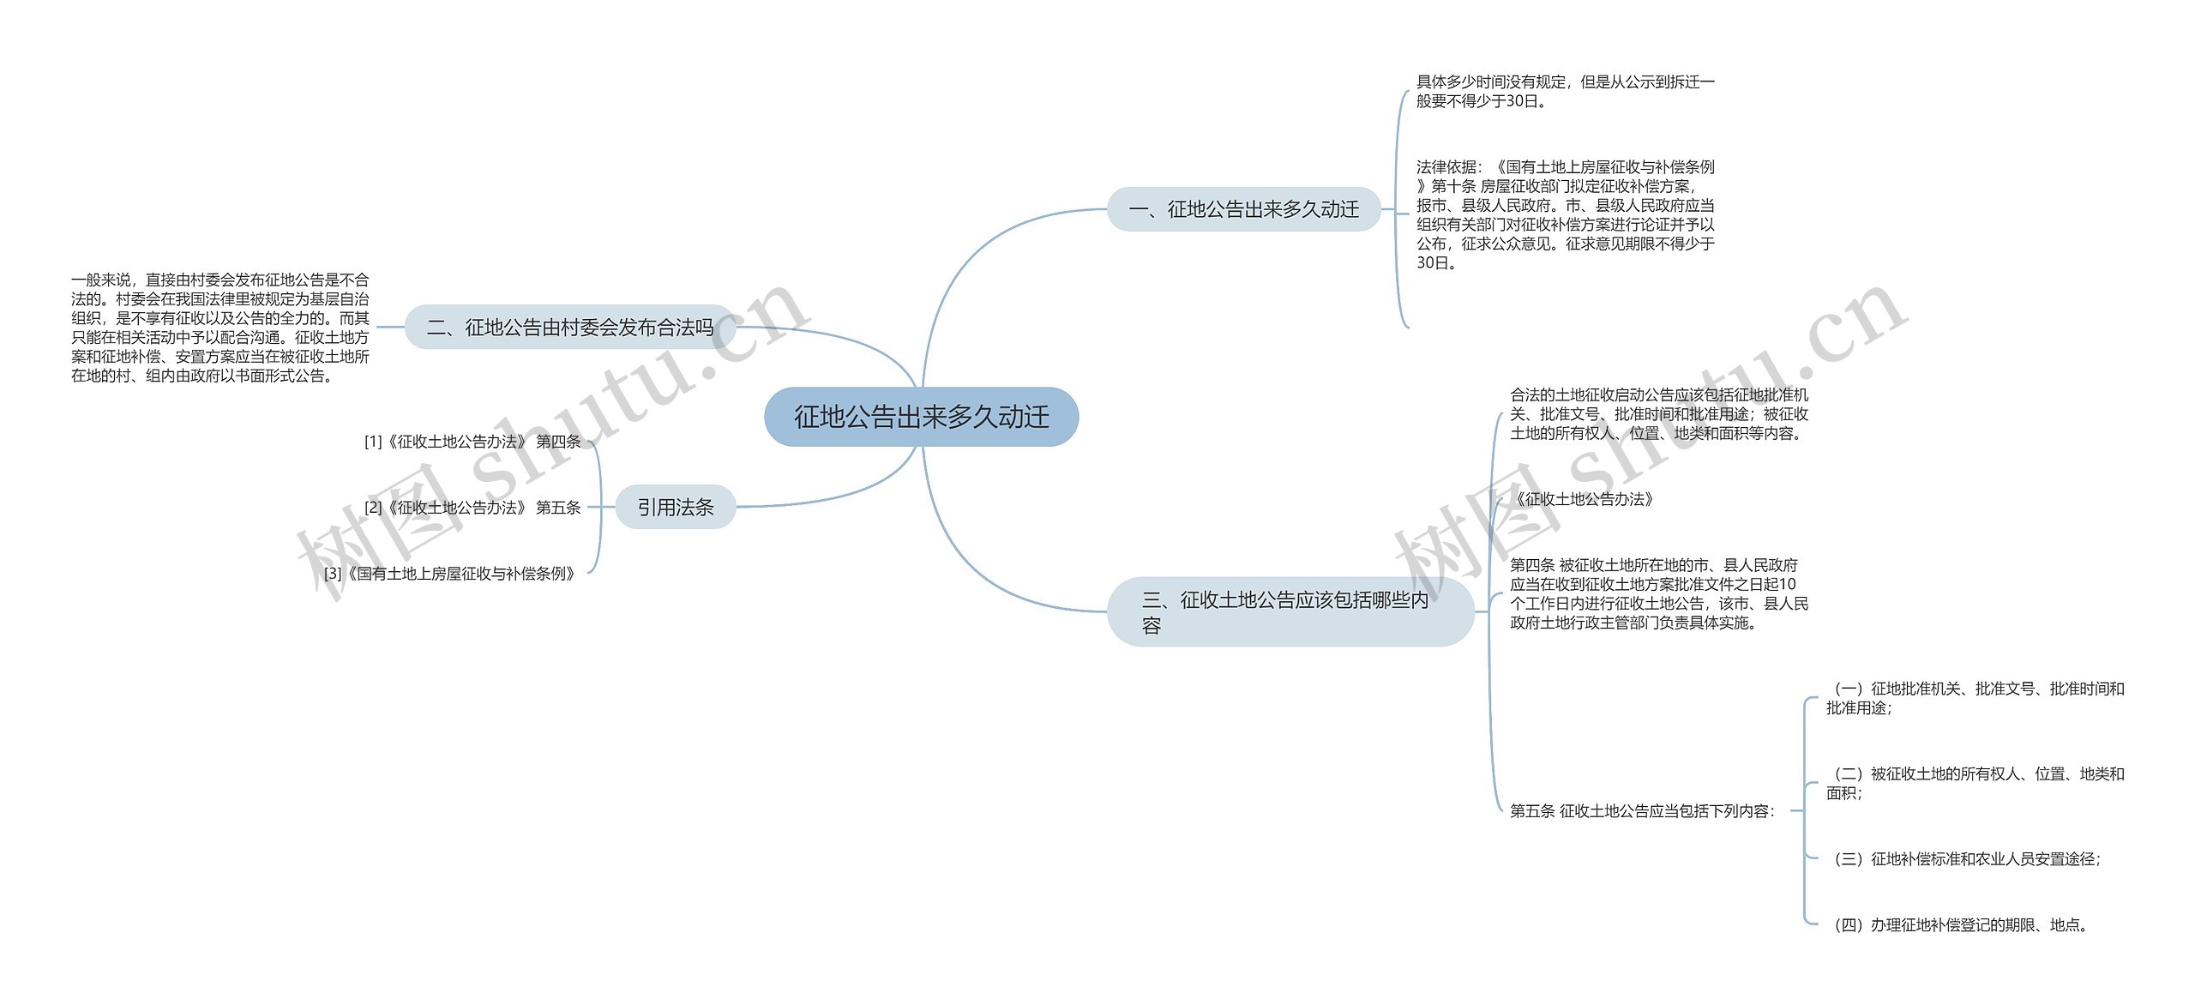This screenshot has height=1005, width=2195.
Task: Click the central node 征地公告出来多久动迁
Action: coord(921,417)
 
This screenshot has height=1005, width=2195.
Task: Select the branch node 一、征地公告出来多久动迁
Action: coord(1243,209)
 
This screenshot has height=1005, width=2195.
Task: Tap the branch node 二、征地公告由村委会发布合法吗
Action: coord(570,327)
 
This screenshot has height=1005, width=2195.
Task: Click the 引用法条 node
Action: coord(676,508)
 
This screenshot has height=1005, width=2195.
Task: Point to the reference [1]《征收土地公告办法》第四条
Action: coord(472,442)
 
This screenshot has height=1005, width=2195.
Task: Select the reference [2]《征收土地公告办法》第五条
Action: coord(472,508)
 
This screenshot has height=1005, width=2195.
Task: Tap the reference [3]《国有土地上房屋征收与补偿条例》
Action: coord(450,574)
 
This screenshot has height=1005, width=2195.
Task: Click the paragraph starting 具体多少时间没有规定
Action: coord(1565,92)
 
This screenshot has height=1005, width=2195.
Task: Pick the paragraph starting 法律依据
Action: coord(1565,215)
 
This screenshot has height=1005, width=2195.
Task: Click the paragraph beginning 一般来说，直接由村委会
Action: coord(220,328)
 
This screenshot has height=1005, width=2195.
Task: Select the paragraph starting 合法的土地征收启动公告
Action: coord(1659,414)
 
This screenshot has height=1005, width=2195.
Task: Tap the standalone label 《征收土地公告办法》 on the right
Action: coord(1583,499)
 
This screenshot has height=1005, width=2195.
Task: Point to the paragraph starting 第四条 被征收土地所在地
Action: coord(1659,593)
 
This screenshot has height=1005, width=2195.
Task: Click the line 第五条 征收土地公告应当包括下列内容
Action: coord(1642,811)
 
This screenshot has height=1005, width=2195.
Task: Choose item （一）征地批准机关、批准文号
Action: coord(1975,698)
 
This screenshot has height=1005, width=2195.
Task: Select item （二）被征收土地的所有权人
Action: coord(1975,784)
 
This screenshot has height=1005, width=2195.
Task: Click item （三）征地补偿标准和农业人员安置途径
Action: coord(1963,859)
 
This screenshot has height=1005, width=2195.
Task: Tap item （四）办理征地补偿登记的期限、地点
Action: coord(1959,925)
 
